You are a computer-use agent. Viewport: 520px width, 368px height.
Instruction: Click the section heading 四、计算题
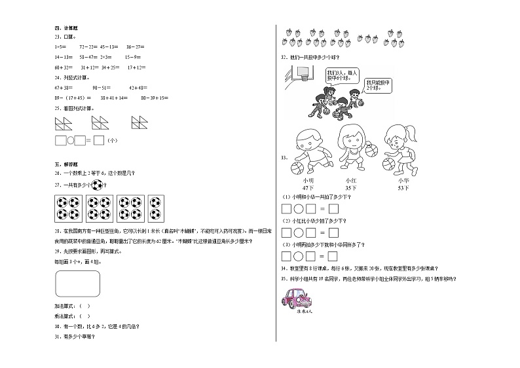tap(65, 29)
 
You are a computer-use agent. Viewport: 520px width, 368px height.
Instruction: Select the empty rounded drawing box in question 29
tap(78, 284)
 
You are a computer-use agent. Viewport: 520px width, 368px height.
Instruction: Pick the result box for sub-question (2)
tap(333, 232)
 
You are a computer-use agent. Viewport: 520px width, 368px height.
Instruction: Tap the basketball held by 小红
tap(371, 151)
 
